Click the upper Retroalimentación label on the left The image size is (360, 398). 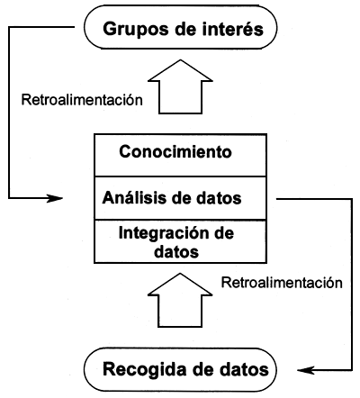tap(81, 99)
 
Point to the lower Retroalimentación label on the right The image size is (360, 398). tap(282, 283)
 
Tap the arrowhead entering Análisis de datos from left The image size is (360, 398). tap(58, 197)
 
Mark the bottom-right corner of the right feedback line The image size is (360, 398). tap(350, 368)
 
